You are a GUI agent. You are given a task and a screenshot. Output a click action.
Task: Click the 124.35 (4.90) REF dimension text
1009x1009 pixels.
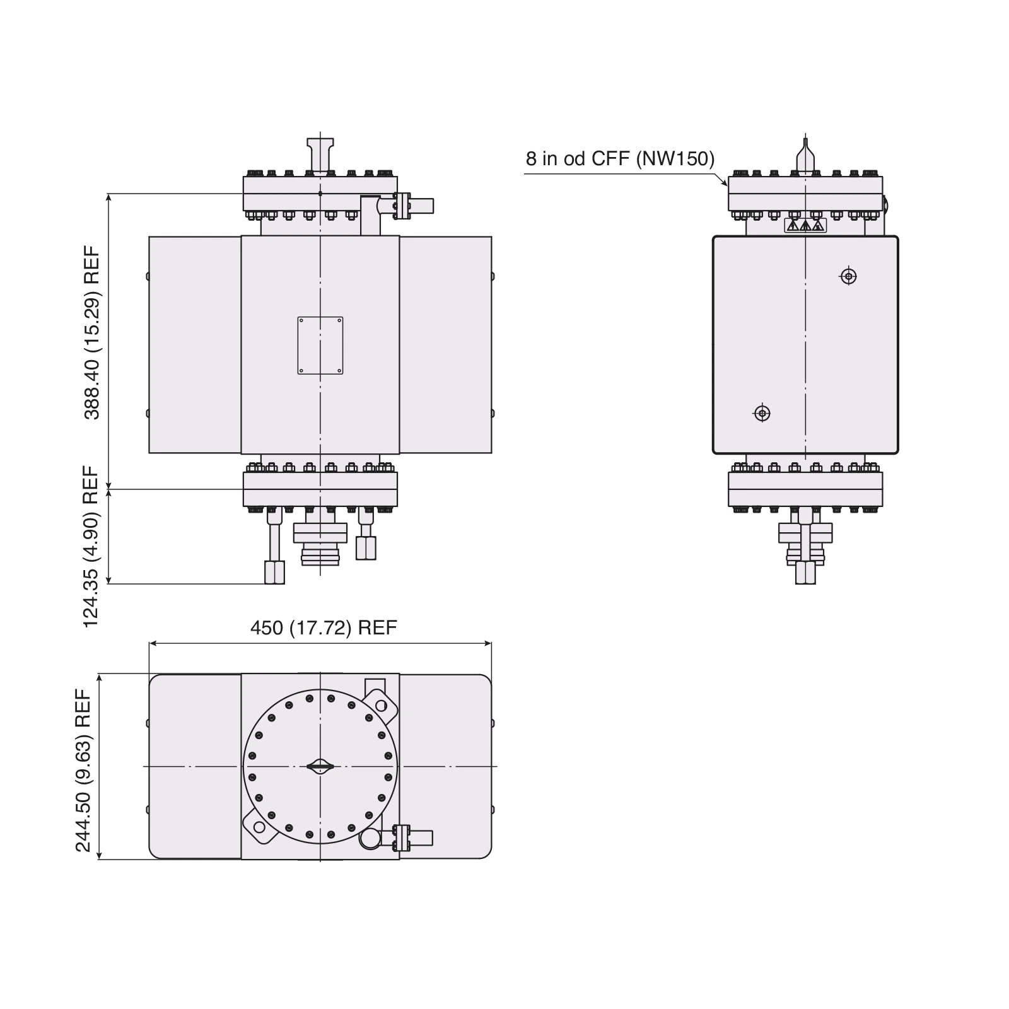coord(92,546)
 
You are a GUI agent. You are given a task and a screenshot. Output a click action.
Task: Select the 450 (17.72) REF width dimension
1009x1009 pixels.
coord(324,628)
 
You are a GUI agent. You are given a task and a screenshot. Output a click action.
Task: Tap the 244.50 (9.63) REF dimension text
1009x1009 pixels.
coord(84,770)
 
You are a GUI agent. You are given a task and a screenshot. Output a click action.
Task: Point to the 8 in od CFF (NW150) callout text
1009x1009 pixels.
coord(621,158)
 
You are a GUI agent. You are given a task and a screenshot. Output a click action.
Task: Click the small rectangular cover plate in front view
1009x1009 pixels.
coord(320,345)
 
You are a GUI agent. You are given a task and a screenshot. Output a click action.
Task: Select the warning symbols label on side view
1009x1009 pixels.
coord(805,225)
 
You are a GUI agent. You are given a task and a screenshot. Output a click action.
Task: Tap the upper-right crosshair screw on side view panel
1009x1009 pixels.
coord(849,276)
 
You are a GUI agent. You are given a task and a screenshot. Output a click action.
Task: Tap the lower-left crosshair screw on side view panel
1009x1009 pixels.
coord(762,414)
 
